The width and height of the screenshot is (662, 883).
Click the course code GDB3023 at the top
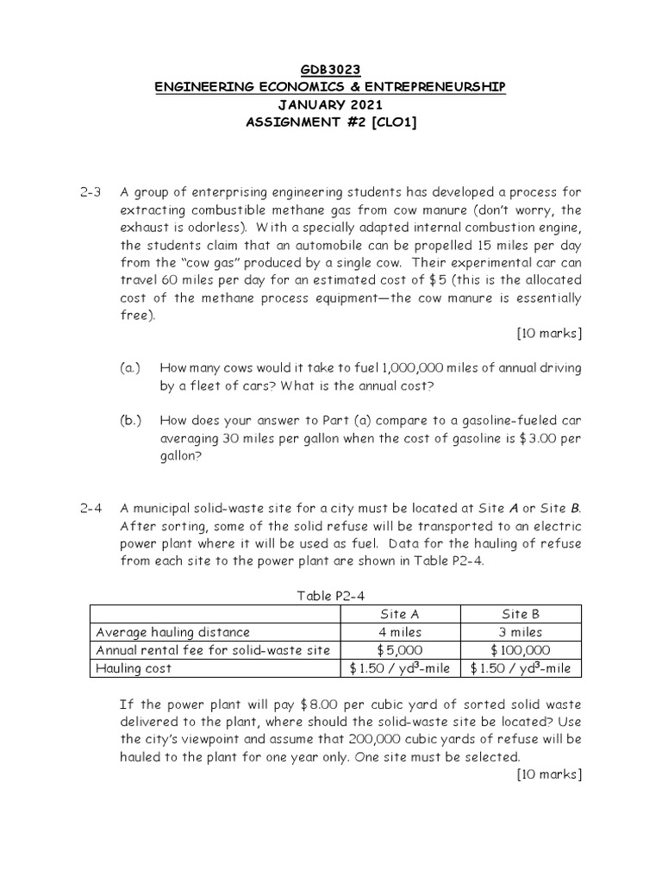330,70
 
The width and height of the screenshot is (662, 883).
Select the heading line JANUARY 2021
330,104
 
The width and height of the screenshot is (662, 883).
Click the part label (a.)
131,368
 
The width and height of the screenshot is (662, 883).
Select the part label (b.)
131,421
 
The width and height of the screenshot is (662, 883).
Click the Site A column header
401,614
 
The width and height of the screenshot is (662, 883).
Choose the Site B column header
521,614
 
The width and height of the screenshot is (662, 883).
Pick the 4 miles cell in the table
401,632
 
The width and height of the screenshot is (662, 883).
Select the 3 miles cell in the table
521,632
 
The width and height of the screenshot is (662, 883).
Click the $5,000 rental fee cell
401,650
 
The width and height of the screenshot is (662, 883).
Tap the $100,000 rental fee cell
521,650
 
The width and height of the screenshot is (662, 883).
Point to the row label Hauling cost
134,668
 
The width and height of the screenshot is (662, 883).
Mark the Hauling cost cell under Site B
521,668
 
